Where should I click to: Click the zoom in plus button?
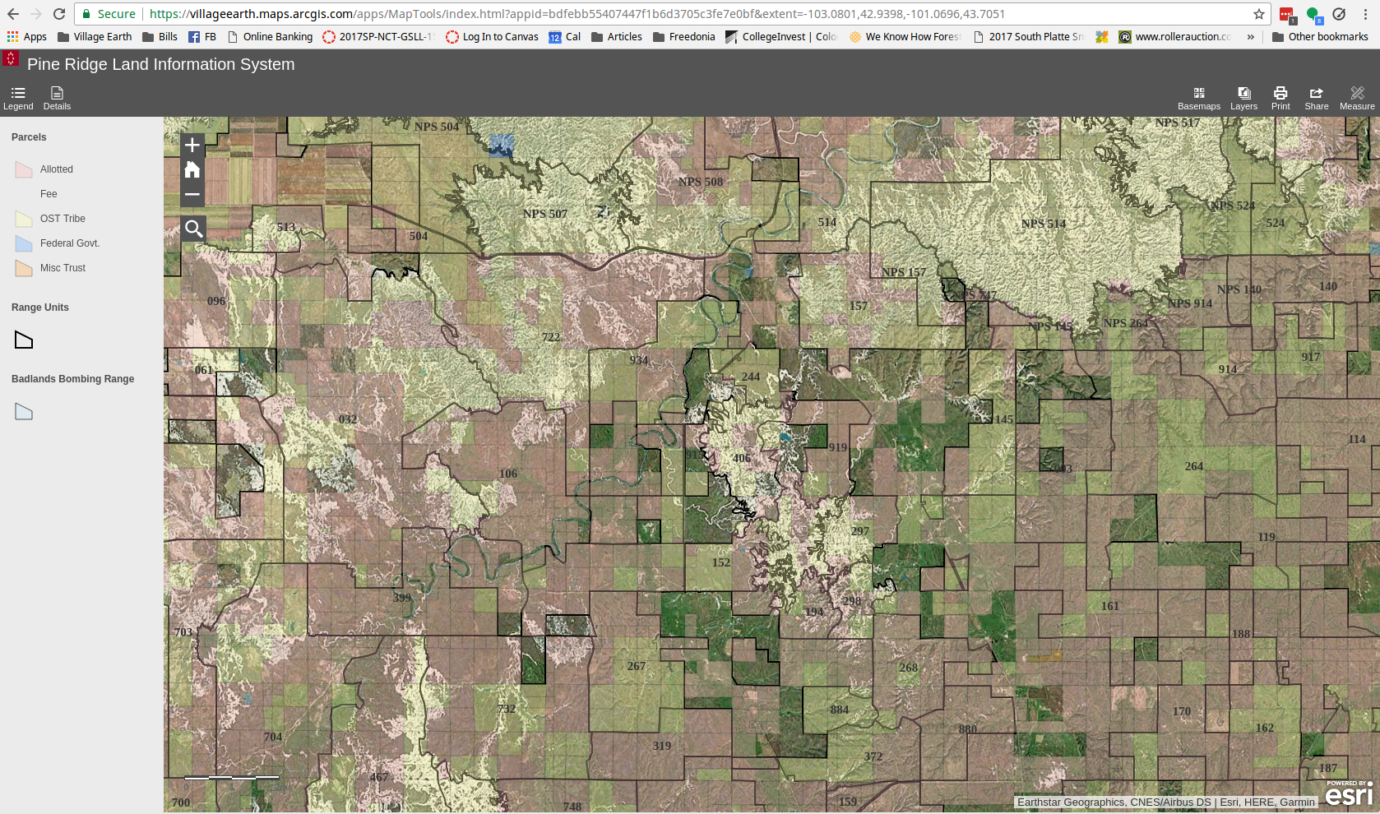[192, 146]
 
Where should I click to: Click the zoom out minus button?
[192, 195]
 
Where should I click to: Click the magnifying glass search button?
[193, 229]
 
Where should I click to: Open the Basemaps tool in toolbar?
[1198, 98]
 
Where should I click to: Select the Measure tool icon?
[1356, 98]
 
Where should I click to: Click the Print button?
[1280, 98]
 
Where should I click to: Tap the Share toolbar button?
[1316, 98]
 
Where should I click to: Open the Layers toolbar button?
[1243, 98]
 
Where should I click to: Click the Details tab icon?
[57, 98]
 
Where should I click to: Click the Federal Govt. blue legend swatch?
[24, 243]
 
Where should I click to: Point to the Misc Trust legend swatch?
[24, 268]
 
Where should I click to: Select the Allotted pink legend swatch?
[24, 169]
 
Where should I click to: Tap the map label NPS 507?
[545, 214]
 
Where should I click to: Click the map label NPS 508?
[701, 182]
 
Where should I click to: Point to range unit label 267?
[637, 666]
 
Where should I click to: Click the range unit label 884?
[839, 710]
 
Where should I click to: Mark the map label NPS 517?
[1177, 123]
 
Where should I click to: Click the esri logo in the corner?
[1349, 794]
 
